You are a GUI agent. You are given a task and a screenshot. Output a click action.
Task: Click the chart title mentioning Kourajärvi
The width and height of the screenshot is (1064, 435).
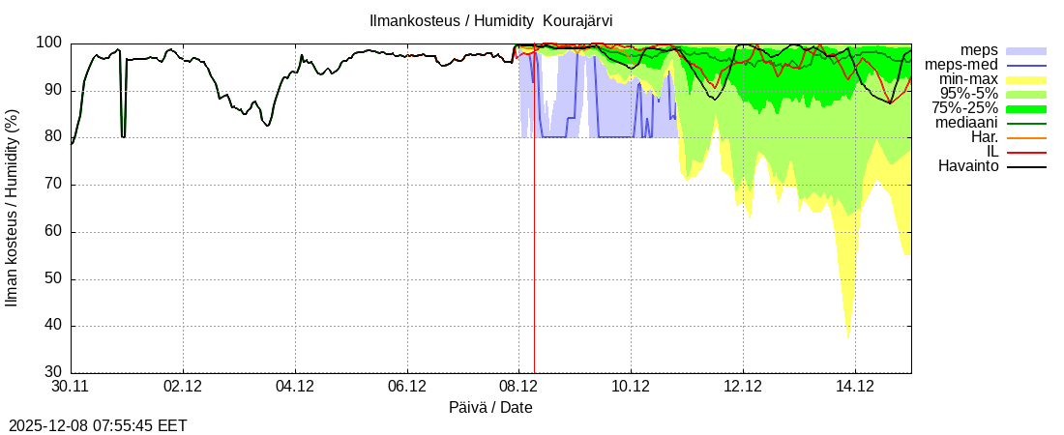click(x=490, y=20)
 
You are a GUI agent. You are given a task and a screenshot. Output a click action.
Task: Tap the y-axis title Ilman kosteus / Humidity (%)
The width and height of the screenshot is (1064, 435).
click(x=13, y=208)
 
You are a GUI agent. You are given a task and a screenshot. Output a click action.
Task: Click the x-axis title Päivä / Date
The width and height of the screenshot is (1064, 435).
click(x=490, y=407)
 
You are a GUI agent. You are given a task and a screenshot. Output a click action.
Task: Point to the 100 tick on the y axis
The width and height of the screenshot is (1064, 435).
click(x=49, y=43)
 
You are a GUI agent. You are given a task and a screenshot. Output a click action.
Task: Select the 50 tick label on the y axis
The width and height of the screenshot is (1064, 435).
click(x=53, y=278)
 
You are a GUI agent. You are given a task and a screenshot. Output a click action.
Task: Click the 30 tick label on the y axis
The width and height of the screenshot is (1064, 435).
click(x=53, y=372)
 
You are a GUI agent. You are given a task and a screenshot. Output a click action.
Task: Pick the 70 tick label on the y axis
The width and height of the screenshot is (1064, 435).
click(x=53, y=185)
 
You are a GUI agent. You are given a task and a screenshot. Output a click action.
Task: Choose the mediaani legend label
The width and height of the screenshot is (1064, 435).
click(x=966, y=123)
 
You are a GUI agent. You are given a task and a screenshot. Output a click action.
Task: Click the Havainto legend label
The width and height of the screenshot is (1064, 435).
click(x=968, y=166)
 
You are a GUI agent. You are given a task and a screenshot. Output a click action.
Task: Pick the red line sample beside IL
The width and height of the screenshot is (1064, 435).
click(x=1026, y=153)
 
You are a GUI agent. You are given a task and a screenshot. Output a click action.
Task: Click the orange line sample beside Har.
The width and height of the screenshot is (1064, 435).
click(x=1026, y=138)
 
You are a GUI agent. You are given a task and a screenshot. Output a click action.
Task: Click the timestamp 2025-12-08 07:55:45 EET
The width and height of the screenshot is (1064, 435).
click(x=98, y=425)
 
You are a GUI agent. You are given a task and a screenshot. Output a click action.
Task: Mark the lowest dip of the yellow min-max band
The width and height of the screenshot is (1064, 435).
click(x=848, y=336)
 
